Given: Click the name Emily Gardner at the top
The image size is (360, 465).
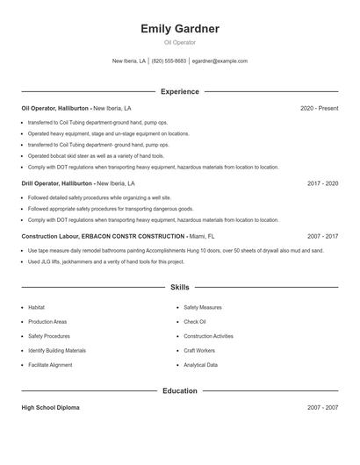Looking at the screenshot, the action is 180,29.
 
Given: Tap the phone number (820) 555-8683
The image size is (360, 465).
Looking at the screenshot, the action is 169,61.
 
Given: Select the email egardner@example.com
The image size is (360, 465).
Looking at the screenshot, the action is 220,61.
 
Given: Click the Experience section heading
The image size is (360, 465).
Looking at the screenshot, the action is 180,91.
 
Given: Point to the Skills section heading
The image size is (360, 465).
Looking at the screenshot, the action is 180,287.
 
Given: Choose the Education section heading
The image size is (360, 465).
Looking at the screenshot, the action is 180,390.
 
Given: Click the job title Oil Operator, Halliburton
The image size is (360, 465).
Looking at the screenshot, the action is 55,108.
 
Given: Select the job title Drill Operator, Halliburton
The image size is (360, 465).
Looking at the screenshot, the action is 57,184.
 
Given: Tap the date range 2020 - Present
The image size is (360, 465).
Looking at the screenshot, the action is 319,108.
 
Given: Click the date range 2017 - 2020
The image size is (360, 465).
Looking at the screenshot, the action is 323,184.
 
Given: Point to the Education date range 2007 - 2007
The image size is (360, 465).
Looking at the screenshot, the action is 323,408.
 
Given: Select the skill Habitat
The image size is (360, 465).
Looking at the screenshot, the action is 36,308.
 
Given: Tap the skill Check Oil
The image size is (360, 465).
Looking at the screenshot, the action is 195,322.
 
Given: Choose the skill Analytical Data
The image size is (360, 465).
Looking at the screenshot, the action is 201,365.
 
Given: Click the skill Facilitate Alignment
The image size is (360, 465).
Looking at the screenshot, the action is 50,365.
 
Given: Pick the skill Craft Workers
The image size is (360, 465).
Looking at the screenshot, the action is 198,351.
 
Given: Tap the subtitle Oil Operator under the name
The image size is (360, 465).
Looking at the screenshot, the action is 180,42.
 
